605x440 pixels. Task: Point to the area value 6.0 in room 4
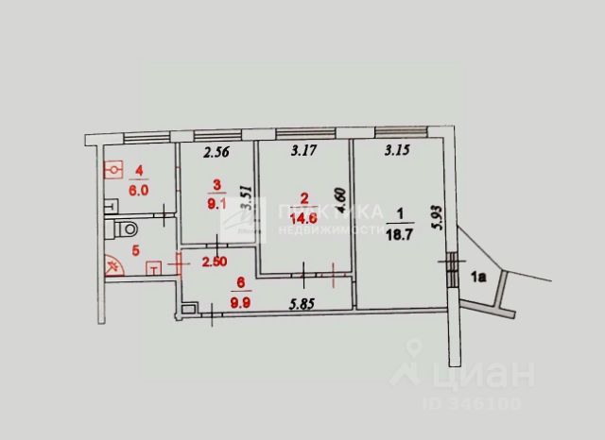tap(139, 187)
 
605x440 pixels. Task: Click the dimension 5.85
tap(302, 302)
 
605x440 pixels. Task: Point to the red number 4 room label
tap(139, 171)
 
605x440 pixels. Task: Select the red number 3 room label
tap(216, 184)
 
